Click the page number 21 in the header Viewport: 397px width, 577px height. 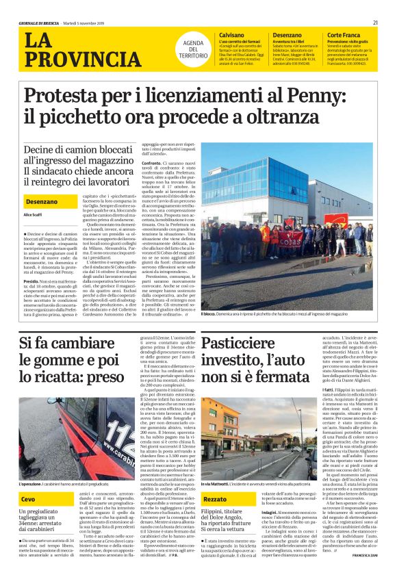(376, 23)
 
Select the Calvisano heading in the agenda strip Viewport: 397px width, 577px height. (231, 34)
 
